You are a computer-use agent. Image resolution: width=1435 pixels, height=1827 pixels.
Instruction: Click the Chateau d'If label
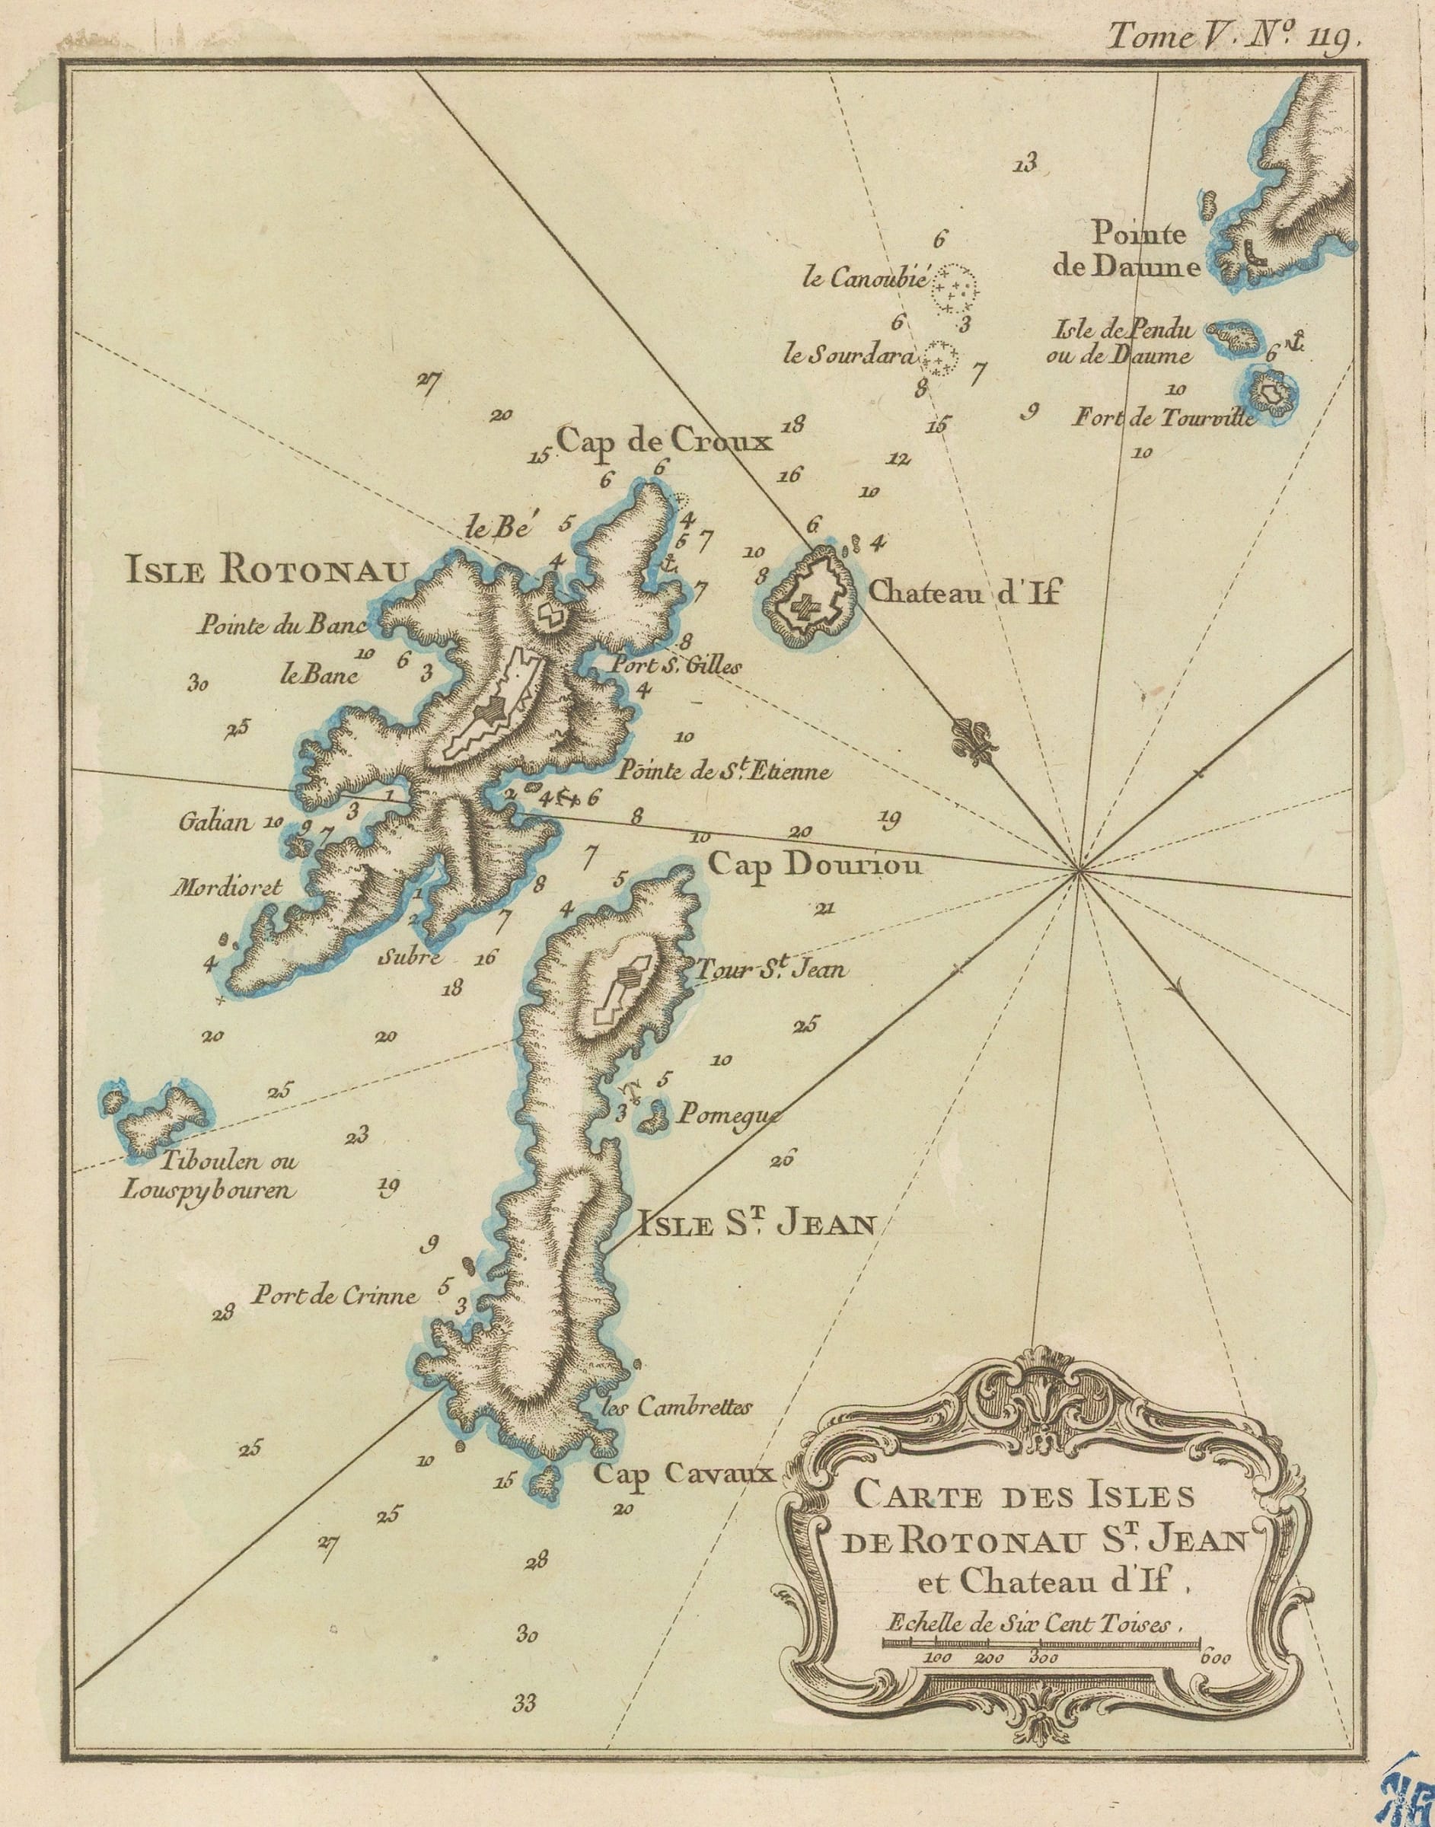965,594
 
